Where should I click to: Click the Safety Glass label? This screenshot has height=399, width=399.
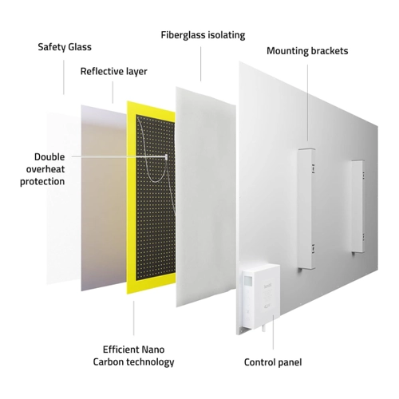[65, 47]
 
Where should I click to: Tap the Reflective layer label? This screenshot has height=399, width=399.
[114, 71]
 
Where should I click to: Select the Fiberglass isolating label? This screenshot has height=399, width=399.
[203, 35]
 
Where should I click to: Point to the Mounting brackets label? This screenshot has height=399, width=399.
[307, 51]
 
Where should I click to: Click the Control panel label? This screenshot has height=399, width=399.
[273, 362]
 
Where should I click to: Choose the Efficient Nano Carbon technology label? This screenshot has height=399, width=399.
[133, 356]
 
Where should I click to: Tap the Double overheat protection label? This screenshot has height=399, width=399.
[42, 169]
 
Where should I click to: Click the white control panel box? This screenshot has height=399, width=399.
[261, 294]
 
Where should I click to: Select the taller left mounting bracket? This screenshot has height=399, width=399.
[306, 208]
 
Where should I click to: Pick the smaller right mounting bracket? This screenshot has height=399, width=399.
[358, 207]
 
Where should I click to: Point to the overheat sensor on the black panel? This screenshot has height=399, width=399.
[166, 157]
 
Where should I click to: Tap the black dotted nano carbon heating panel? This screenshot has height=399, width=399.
[156, 197]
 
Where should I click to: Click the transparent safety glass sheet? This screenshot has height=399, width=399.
[63, 198]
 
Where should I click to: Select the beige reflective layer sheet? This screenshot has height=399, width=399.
[104, 198]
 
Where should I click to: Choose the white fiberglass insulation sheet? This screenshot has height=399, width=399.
[206, 197]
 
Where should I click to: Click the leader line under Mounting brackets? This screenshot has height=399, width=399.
[308, 103]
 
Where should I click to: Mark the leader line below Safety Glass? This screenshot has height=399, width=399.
[64, 77]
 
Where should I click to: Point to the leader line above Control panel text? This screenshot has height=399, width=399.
[273, 332]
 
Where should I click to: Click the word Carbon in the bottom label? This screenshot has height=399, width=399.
[109, 362]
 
